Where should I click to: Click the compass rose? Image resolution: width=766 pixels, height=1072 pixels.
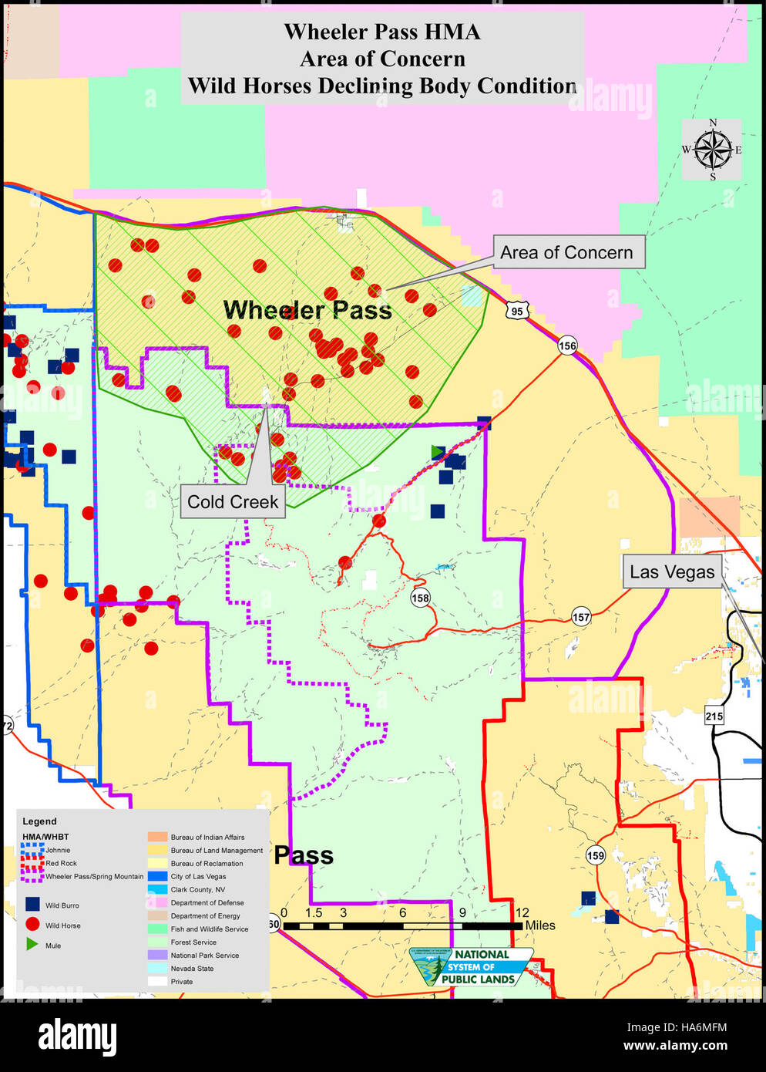click(712, 150)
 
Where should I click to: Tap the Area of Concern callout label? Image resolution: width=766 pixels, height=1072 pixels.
click(567, 252)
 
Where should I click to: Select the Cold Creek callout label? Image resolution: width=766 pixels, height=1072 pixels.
click(233, 502)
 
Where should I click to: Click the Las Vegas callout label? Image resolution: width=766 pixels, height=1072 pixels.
click(672, 571)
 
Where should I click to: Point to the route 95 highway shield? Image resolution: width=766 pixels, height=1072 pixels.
click(516, 311)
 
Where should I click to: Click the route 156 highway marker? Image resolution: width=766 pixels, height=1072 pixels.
click(567, 346)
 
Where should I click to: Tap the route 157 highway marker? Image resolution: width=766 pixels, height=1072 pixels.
click(581, 617)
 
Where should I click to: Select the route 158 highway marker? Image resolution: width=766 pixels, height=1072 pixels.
click(420, 598)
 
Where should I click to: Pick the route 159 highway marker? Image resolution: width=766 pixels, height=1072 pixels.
click(595, 855)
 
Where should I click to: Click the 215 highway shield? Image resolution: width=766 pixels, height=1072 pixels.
click(714, 716)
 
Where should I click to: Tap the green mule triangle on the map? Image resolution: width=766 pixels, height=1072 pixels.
click(437, 452)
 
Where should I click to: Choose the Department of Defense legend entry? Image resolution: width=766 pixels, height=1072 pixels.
click(207, 902)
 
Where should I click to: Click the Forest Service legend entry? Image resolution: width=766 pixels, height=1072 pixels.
click(193, 942)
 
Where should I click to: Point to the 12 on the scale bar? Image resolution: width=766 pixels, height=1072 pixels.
click(522, 912)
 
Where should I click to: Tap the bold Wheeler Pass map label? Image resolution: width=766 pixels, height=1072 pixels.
click(307, 311)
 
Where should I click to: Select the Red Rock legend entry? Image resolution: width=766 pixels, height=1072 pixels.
click(61, 863)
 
